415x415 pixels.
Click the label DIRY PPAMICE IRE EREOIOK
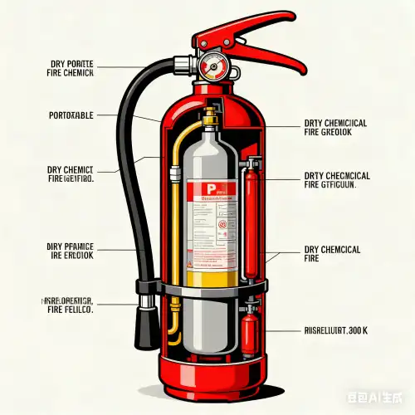[x=71, y=251]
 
